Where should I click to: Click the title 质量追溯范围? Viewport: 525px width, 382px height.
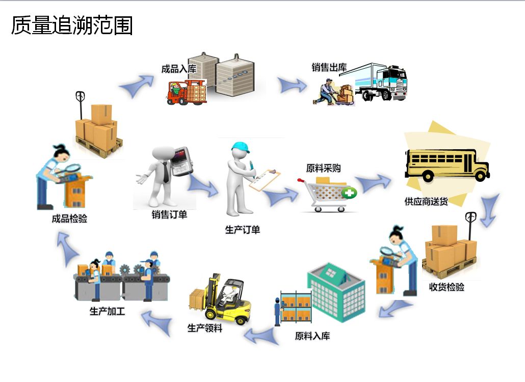[72, 25]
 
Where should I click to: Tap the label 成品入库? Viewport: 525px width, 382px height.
[178, 69]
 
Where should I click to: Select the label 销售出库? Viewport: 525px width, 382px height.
[329, 67]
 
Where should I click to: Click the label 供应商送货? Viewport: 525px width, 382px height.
[426, 202]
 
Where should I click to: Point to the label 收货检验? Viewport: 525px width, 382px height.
[447, 287]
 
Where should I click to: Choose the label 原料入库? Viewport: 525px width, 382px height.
[312, 336]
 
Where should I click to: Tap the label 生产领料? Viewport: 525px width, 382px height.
[205, 328]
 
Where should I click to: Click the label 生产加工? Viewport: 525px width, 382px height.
[107, 311]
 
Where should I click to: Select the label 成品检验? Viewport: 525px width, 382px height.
[69, 219]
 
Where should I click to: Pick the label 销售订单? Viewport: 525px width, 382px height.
[169, 214]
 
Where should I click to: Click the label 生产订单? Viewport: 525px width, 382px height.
[243, 230]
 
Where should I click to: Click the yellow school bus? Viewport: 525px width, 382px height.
[446, 164]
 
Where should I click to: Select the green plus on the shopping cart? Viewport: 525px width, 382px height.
[350, 193]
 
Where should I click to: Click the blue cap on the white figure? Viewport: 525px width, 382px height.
[241, 147]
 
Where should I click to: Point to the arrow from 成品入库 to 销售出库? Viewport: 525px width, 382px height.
[292, 85]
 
